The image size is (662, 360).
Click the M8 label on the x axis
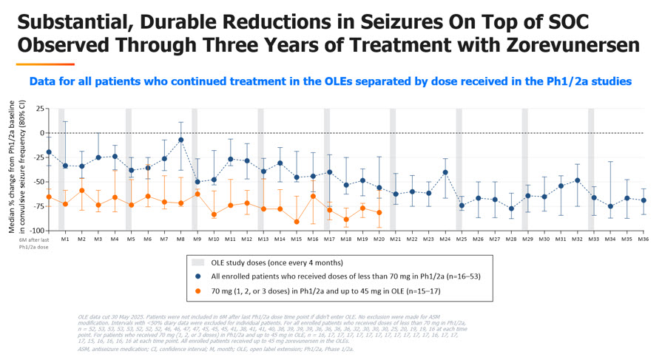point(180,240)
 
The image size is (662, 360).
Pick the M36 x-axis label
point(644,240)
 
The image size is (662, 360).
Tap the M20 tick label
point(379,240)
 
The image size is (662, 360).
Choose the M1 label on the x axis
point(65,240)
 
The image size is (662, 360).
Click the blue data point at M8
point(180,140)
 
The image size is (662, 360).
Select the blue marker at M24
point(445,172)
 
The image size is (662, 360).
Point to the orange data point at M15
point(297,222)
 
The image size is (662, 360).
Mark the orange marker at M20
point(379,213)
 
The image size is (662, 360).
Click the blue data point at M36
point(644,200)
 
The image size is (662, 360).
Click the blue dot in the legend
point(198,276)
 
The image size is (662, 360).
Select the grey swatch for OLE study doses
point(197,262)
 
